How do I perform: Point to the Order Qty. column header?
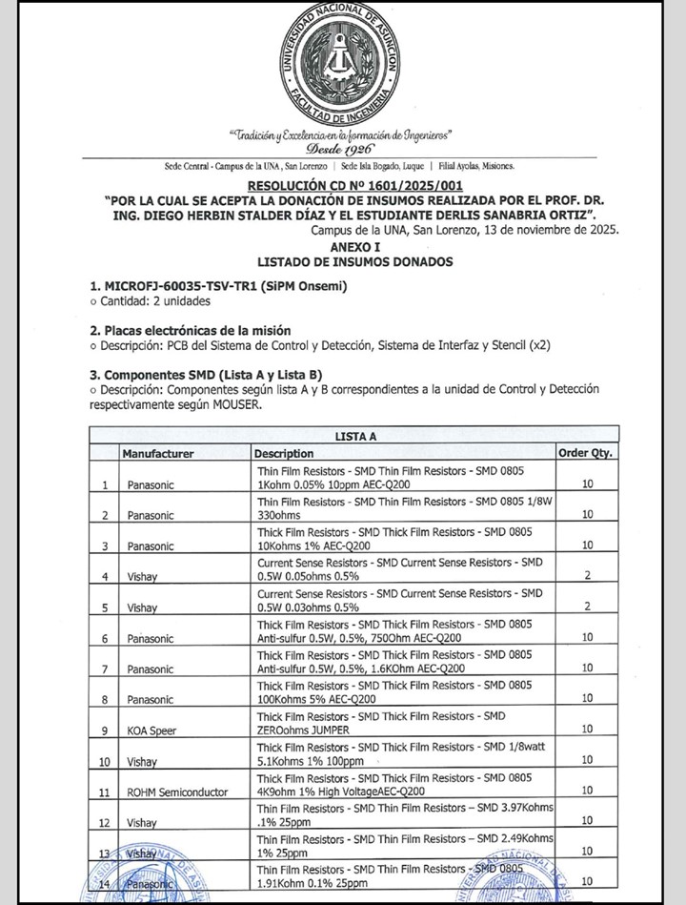click(x=584, y=453)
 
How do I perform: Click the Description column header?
click(x=284, y=453)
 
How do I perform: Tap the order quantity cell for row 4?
click(x=587, y=576)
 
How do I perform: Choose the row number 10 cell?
click(x=105, y=761)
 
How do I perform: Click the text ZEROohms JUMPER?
click(x=303, y=730)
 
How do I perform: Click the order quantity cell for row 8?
click(x=587, y=700)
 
